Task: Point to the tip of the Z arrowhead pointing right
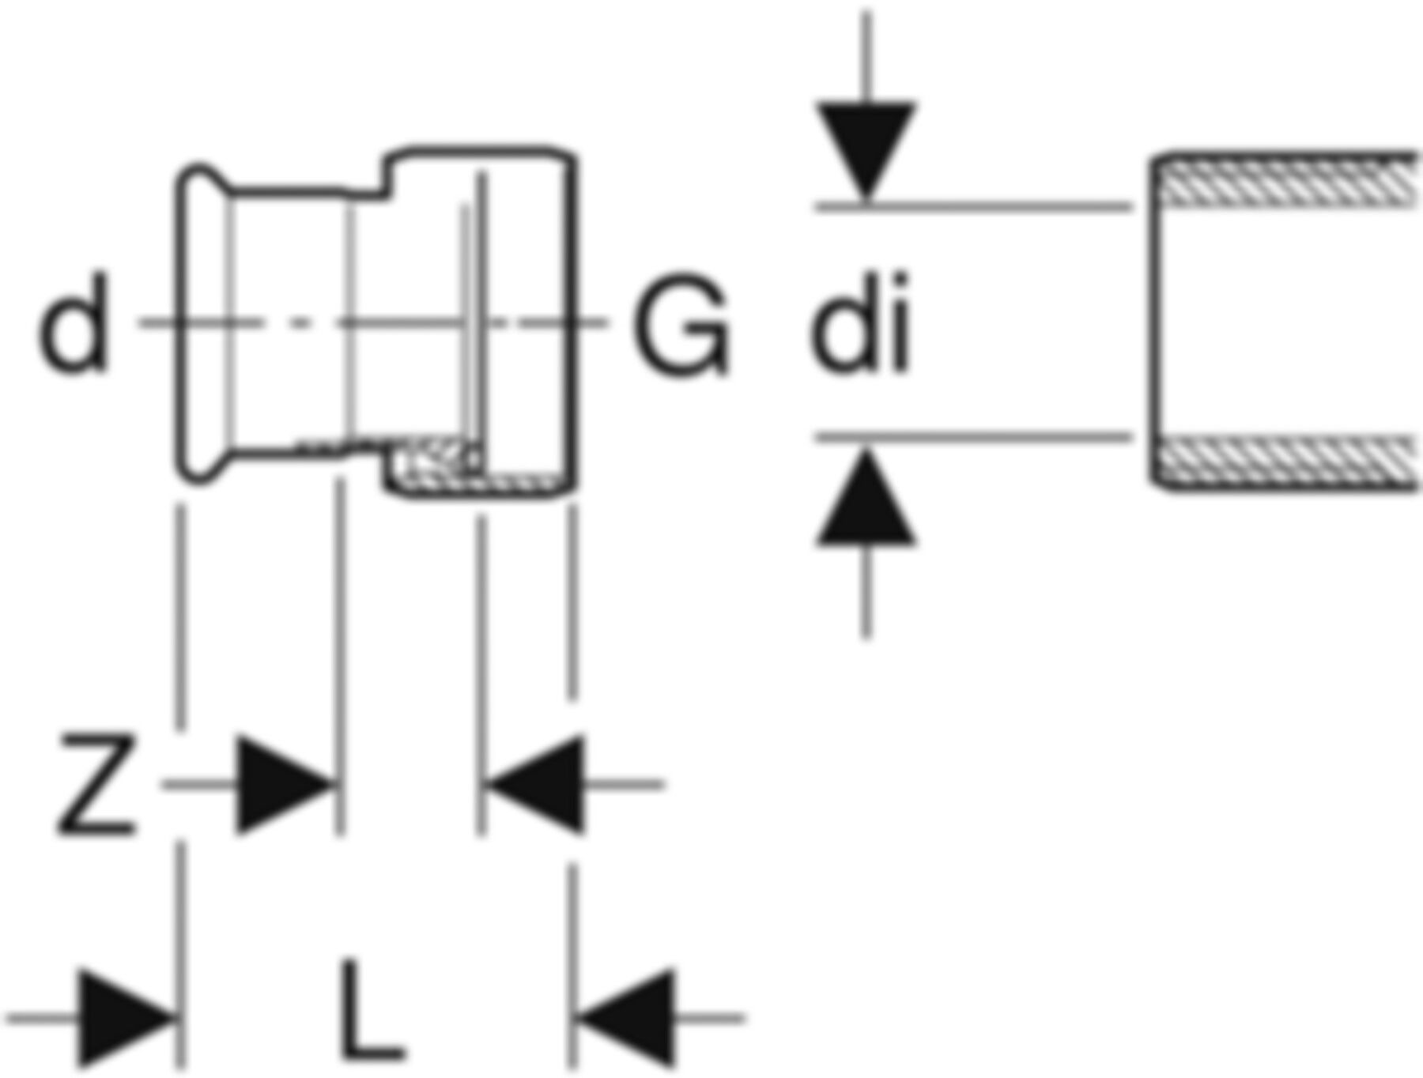click(x=338, y=785)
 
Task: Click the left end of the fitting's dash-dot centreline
click(x=141, y=322)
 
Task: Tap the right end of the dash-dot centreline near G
click(x=607, y=322)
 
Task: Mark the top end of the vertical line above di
click(x=866, y=11)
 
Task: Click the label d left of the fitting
click(x=73, y=323)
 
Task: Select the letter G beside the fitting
click(x=681, y=324)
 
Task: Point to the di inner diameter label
click(x=860, y=323)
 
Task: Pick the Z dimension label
click(x=96, y=784)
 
